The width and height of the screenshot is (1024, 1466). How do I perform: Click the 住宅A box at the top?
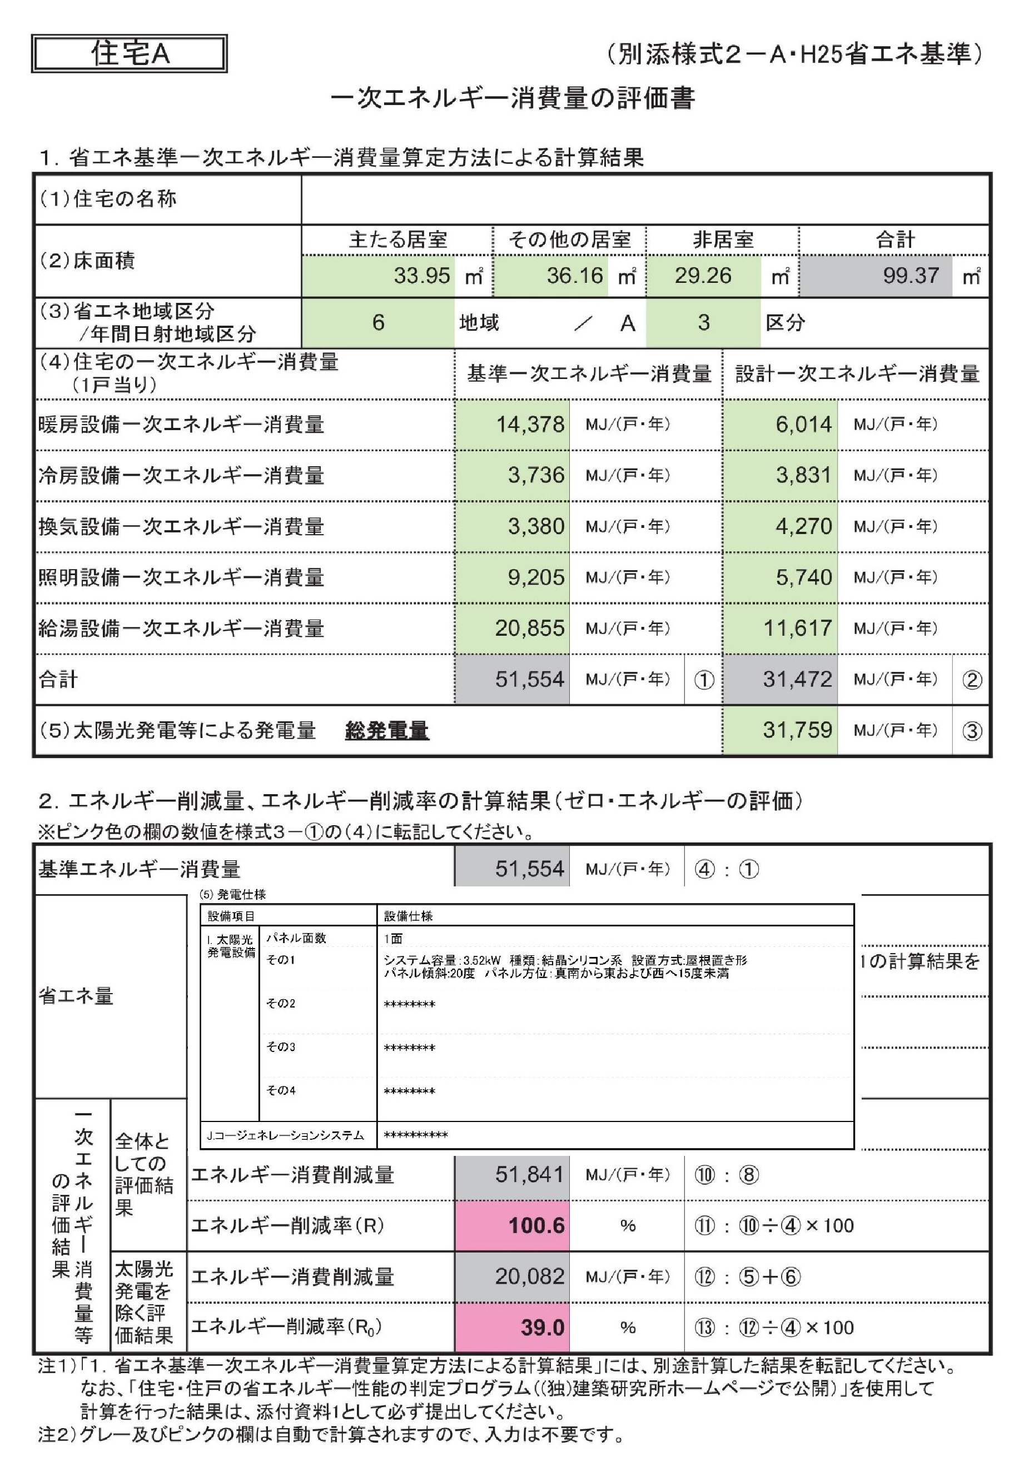tap(129, 54)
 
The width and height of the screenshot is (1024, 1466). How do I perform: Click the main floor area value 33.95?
tap(421, 276)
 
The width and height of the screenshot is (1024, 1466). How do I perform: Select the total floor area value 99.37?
tap(910, 276)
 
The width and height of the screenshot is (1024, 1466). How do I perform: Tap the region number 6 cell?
tap(378, 322)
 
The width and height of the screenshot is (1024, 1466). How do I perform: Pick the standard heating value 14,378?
tap(530, 425)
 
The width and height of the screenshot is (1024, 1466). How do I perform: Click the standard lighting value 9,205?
tap(535, 577)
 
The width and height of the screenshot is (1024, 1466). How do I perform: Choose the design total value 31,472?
tap(797, 679)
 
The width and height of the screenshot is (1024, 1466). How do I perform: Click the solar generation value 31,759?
tap(797, 730)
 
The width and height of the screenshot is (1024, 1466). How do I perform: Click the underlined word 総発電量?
tap(386, 730)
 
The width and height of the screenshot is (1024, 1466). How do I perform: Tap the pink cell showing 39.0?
tap(541, 1328)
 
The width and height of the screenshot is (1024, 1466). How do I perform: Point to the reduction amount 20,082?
tap(529, 1276)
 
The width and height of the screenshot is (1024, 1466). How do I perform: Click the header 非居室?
tap(723, 240)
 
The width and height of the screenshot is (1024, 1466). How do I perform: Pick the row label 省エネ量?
tap(76, 995)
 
